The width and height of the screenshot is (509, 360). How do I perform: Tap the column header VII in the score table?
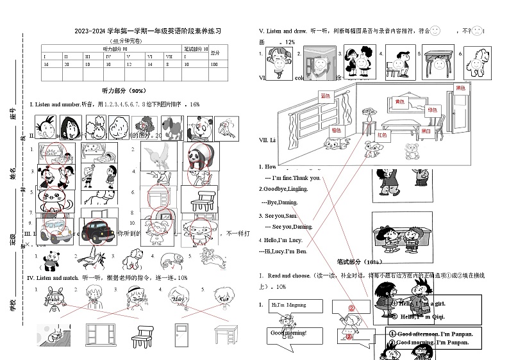coord(169,56)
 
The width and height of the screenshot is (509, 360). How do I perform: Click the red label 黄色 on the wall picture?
coord(399,101)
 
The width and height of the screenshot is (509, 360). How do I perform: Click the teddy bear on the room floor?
coord(411,151)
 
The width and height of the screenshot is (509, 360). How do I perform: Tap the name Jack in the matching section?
coord(93,299)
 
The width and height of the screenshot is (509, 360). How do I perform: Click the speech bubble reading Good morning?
coord(288,333)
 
